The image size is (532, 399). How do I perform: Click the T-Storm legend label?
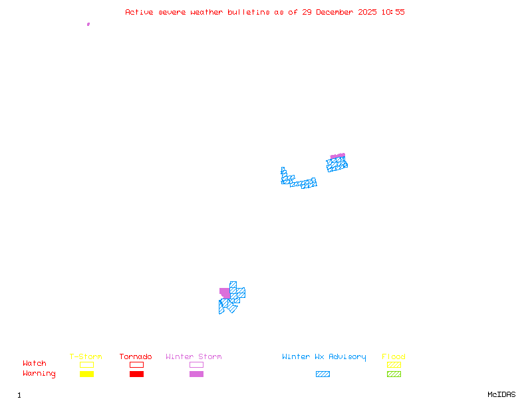[x=86, y=357]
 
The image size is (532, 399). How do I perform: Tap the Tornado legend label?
[x=136, y=357]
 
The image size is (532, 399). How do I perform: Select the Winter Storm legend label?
[x=194, y=357]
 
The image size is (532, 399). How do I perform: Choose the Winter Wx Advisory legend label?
[x=324, y=357]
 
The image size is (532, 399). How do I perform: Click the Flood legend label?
[x=394, y=357]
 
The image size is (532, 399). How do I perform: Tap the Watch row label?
[x=35, y=364]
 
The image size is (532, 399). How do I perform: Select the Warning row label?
[x=39, y=374]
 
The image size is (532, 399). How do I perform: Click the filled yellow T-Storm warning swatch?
[x=86, y=374]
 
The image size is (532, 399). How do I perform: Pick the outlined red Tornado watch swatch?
[x=136, y=364]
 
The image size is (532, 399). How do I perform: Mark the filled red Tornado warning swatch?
[x=136, y=374]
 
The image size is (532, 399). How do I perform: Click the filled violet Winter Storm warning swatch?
[x=196, y=374]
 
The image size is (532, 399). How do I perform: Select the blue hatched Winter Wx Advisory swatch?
[x=323, y=374]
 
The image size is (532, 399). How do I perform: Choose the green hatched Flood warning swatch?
[x=394, y=374]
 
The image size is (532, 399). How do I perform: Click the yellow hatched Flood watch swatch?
[x=394, y=364]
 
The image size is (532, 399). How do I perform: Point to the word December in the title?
[x=338, y=12]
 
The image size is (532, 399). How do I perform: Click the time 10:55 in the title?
[x=392, y=12]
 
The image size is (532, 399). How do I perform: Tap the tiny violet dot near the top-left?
[x=88, y=24]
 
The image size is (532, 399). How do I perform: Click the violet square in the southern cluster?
[x=225, y=293]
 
